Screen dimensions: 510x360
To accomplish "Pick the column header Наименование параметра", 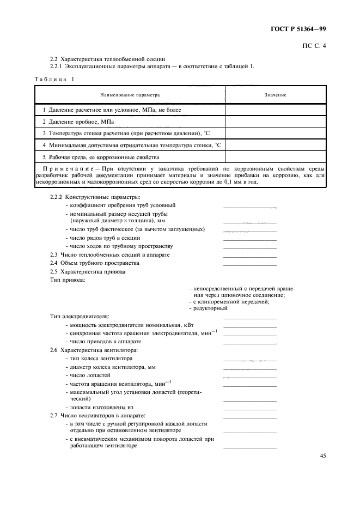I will coord(130,95).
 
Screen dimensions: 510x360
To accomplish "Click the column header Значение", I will coord(276,95).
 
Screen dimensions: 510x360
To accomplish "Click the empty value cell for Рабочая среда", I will coord(276,157).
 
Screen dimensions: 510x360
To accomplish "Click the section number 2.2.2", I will coord(57,197).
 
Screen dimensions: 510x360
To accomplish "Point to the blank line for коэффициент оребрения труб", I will coord(250,207).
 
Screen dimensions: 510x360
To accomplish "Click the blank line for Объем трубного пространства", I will coord(250,264).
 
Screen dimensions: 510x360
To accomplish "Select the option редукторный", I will coord(210,308).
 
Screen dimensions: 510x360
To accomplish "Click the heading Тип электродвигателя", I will coord(80,316).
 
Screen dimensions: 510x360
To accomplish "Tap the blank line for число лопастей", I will coord(250,377).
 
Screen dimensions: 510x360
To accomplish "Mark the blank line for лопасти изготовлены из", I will coord(250,408).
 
